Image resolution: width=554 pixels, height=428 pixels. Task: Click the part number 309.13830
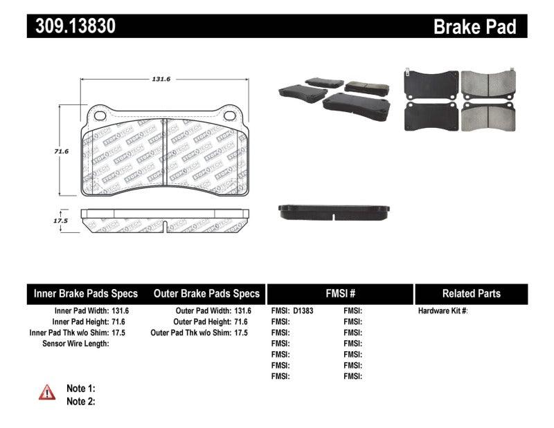pos(71,26)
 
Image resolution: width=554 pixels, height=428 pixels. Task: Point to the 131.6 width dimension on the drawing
pos(161,79)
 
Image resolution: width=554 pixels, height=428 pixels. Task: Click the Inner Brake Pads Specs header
pos(86,294)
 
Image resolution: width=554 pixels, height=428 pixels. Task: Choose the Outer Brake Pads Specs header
pos(206,294)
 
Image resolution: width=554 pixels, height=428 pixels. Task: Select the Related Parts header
pos(471,294)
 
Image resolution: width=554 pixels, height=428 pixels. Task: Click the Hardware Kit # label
pos(443,311)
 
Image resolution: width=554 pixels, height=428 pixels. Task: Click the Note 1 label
pos(80,389)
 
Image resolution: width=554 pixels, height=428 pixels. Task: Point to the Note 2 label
pos(80,401)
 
